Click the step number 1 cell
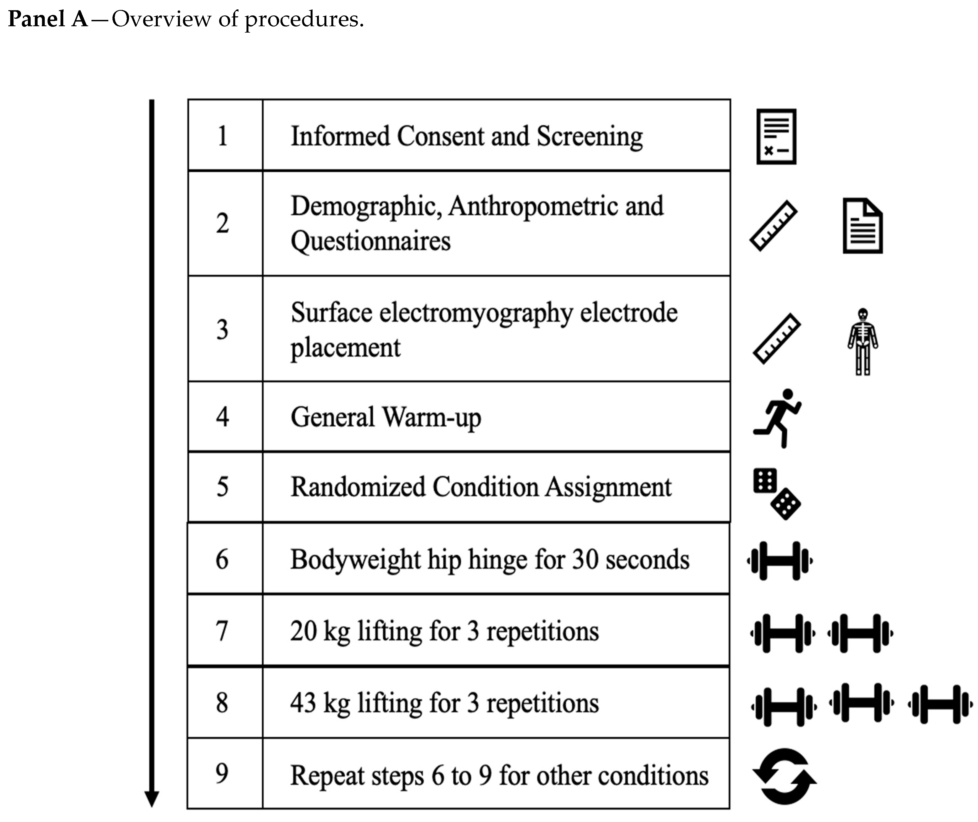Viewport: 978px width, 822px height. click(223, 136)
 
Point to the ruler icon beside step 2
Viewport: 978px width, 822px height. click(773, 226)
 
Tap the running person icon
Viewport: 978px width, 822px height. click(777, 418)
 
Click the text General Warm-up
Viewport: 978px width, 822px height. click(386, 417)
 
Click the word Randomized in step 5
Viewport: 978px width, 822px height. click(358, 487)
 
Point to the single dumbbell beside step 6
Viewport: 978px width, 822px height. click(780, 561)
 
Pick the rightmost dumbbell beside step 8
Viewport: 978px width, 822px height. click(940, 704)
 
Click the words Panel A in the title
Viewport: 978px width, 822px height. click(48, 19)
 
